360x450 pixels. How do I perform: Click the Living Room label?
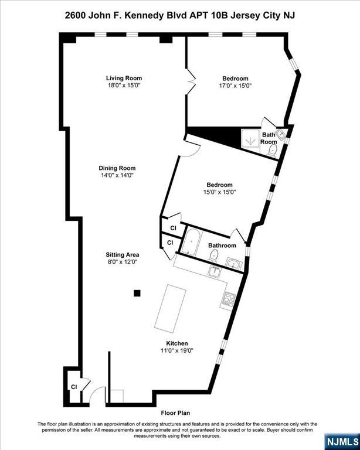coord(124,78)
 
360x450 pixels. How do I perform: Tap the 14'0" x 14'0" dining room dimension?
coord(117,175)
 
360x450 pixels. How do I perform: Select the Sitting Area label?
coord(123,254)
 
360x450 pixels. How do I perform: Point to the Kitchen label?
coord(177,343)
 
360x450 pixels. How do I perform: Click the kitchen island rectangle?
coord(170,309)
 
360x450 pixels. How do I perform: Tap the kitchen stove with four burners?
coord(229,298)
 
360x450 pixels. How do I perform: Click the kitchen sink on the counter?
coord(215,271)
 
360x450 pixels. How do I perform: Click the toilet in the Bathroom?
coord(213,255)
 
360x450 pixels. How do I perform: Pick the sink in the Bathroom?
coord(233,263)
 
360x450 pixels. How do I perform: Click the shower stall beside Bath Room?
coord(250,141)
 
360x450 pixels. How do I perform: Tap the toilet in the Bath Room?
coord(272,150)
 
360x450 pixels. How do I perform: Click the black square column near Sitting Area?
coord(137,293)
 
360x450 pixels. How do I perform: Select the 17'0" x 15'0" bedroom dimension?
coord(235,86)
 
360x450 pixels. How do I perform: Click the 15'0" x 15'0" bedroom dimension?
coord(220,192)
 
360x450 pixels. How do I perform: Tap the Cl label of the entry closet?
coord(74,387)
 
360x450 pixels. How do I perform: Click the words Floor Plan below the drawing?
coord(175,413)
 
